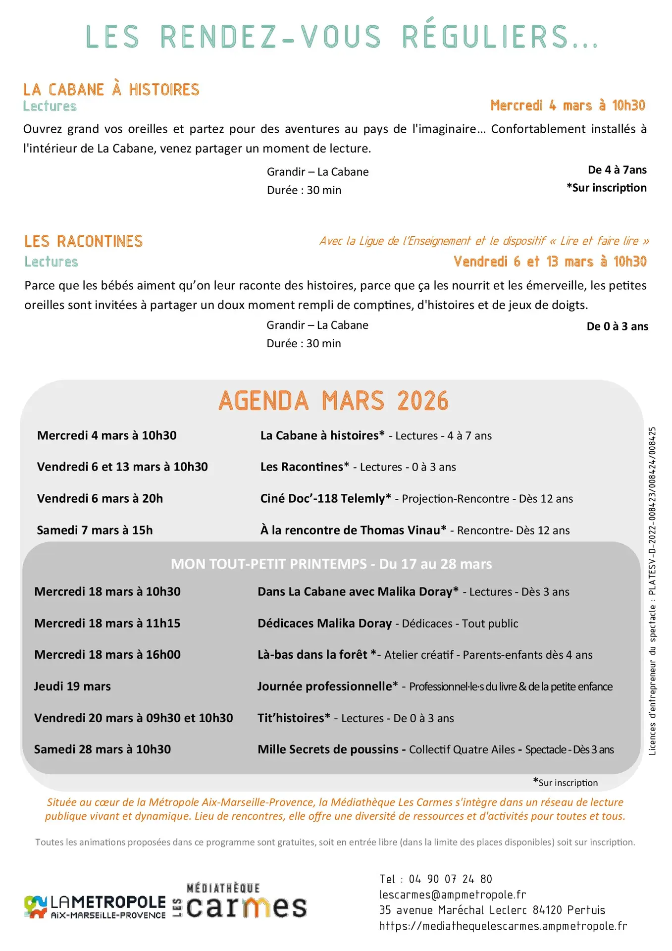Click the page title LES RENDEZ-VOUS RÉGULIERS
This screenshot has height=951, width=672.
(342, 36)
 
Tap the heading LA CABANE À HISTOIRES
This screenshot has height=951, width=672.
(111, 90)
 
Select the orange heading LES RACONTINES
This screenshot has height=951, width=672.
(83, 241)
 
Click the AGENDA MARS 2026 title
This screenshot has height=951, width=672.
(333, 401)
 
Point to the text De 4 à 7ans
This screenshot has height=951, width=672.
(617, 170)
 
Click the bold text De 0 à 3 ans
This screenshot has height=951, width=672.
(617, 326)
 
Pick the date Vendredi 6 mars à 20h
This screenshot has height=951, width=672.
(100, 498)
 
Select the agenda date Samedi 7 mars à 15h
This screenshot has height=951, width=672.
(95, 530)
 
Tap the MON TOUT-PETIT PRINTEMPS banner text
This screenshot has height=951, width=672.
(331, 564)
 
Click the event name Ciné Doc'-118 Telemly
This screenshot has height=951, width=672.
(325, 498)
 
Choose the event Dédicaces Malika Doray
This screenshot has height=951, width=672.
(324, 623)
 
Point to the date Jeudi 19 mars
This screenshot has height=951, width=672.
(72, 686)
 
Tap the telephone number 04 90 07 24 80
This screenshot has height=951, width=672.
(450, 879)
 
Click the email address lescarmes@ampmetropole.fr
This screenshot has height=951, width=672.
(452, 895)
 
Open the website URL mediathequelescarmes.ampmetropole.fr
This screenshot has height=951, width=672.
(503, 926)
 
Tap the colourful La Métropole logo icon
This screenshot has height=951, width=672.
(35, 906)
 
